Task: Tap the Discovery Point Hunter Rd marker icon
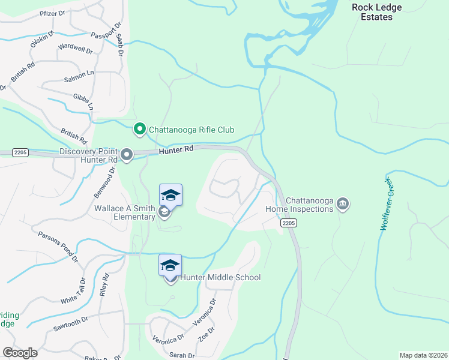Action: (x=127, y=155)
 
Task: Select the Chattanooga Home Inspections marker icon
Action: (x=343, y=204)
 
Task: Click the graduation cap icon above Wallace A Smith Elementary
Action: (x=170, y=195)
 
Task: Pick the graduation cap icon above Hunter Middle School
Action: (x=170, y=265)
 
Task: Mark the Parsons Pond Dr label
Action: (x=58, y=247)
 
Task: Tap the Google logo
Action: (x=20, y=352)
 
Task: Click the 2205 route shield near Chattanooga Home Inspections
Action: (x=287, y=223)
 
